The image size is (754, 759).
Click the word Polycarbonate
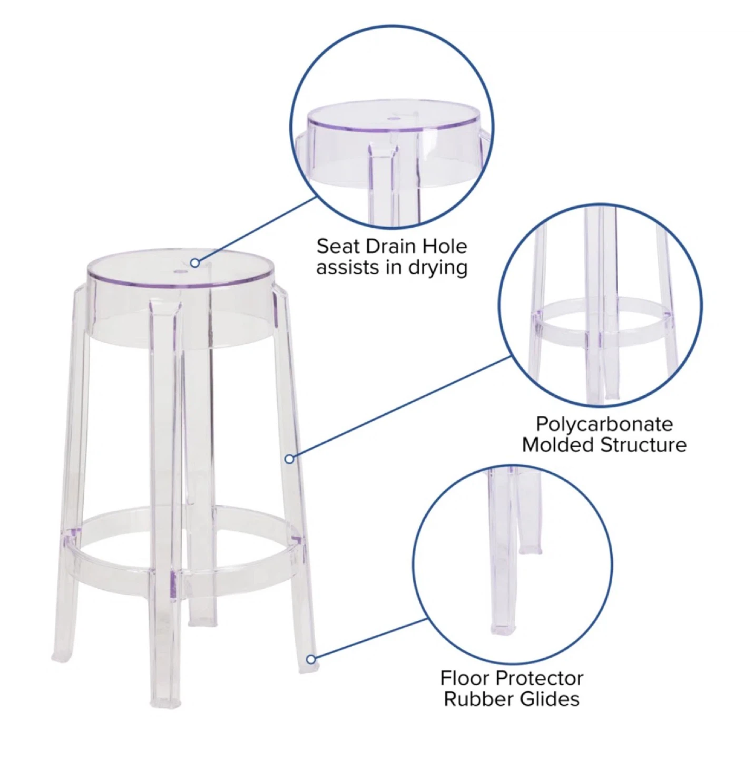[x=604, y=425]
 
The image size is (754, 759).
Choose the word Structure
[x=643, y=445]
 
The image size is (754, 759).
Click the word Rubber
[x=476, y=699]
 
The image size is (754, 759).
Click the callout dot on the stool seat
[x=194, y=262]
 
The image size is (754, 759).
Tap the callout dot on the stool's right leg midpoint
[x=290, y=459]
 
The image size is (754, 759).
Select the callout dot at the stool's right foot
[x=311, y=659]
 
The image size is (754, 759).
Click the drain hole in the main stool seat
[x=181, y=271]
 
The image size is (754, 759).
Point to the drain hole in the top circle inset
[x=394, y=118]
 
